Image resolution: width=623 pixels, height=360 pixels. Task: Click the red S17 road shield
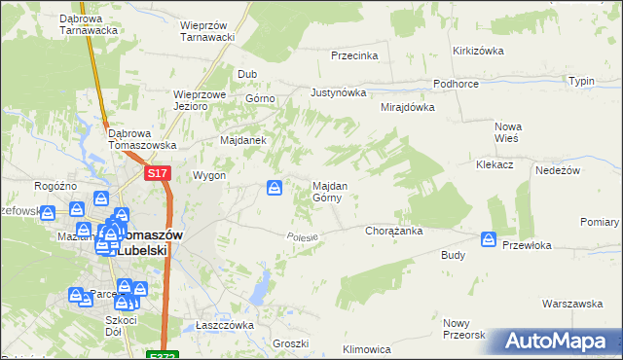click(x=159, y=173)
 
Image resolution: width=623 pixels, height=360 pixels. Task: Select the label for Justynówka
click(x=338, y=93)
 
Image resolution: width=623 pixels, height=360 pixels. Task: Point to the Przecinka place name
click(x=353, y=55)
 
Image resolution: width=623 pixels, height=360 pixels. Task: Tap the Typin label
click(x=581, y=81)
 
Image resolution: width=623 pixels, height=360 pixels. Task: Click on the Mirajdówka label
click(x=407, y=108)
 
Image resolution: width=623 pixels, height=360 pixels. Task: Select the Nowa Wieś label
click(x=508, y=132)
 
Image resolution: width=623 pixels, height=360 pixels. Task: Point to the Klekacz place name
click(x=495, y=165)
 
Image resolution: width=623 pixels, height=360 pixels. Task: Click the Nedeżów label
click(x=558, y=170)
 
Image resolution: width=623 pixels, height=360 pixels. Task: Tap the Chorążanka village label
click(x=392, y=232)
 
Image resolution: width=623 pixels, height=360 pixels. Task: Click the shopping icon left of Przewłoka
click(x=489, y=239)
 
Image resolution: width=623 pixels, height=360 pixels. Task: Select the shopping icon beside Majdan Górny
click(x=275, y=187)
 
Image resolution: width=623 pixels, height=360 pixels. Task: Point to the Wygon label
click(x=209, y=176)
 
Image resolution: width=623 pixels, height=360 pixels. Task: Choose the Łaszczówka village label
click(x=224, y=325)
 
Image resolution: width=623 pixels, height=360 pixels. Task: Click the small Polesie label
click(x=303, y=236)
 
